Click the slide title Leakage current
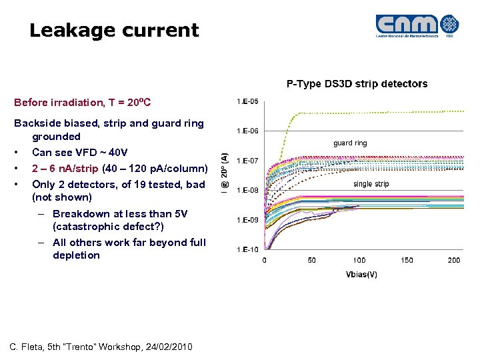[114, 30]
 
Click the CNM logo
[417, 26]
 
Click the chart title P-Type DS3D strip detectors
[357, 84]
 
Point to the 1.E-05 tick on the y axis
[248, 101]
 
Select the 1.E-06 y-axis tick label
[248, 131]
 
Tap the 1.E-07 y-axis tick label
[248, 161]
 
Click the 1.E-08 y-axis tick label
[248, 190]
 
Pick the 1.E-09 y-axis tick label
[248, 220]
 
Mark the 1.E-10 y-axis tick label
[248, 249]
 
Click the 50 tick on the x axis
[312, 260]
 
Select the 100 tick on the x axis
[359, 260]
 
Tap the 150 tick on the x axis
[407, 260]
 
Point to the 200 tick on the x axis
[454, 260]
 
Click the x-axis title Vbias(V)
[362, 274]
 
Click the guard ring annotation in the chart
[350, 143]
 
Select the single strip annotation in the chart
[371, 184]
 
